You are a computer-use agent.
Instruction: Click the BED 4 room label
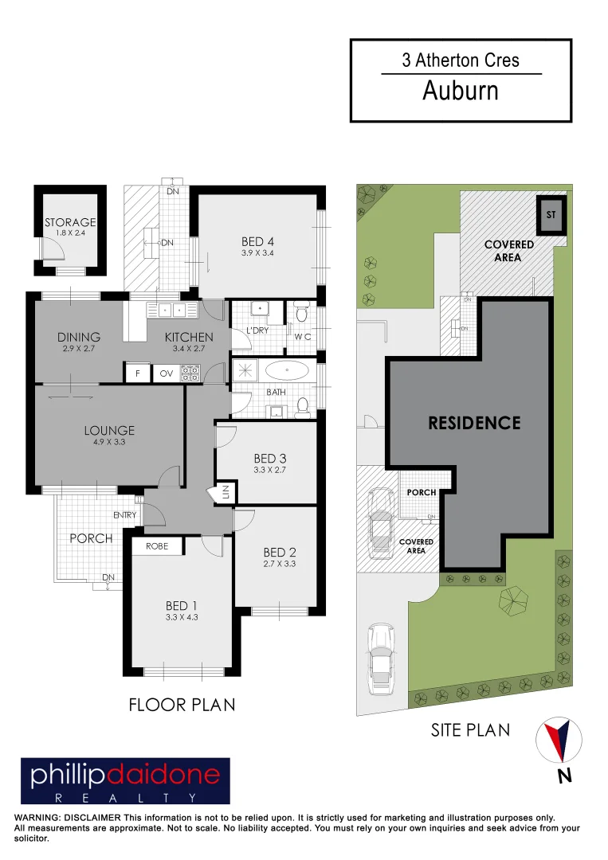pos(257,241)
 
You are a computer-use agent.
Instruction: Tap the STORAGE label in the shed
pos(70,222)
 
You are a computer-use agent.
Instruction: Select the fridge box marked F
pos(138,373)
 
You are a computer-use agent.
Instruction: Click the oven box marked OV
pos(167,373)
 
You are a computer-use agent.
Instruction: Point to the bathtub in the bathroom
pos(287,371)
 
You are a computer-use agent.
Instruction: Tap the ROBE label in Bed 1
pos(157,546)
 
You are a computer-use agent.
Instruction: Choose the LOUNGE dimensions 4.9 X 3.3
pos(109,441)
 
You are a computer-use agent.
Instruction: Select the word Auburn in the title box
pos(461,91)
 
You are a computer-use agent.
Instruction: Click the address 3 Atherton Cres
pos(461,61)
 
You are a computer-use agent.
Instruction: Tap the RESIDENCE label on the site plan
pos(474,423)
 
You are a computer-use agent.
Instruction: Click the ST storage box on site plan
pos(551,214)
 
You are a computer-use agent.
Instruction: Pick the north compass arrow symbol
pos(559,740)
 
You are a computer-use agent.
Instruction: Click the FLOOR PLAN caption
pos(182,705)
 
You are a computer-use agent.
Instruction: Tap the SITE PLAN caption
pos(470,730)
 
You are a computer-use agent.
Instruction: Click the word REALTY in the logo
pos(125,798)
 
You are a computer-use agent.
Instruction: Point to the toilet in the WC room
pos(301,315)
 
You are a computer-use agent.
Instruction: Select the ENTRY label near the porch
pos(124,515)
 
